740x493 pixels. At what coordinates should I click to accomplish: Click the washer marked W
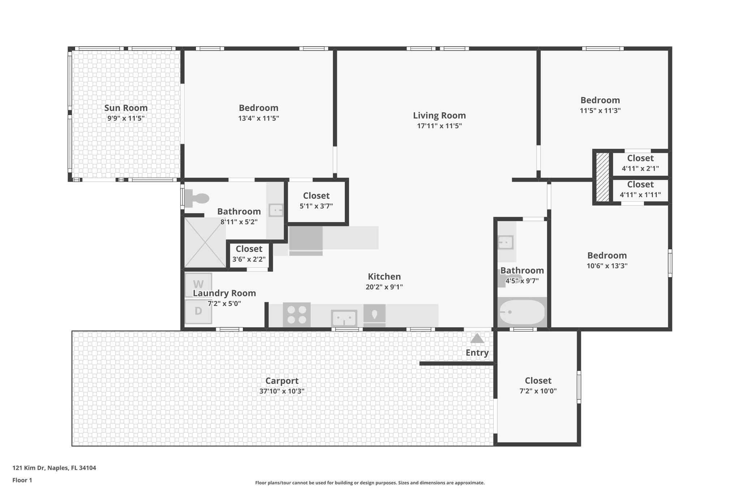point(198,284)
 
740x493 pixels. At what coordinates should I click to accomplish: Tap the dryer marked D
point(198,311)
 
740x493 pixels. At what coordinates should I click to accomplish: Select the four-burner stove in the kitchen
point(297,315)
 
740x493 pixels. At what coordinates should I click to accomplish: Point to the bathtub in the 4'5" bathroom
point(521,312)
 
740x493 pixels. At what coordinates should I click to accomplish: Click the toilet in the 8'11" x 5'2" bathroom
point(197,199)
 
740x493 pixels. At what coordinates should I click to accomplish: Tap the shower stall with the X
point(205,242)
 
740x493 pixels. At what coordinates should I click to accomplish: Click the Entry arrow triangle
point(477,338)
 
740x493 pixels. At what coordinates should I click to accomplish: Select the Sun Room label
point(126,108)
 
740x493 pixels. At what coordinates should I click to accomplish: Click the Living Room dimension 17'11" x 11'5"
point(439,126)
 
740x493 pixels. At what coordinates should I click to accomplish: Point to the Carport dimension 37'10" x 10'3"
point(282,391)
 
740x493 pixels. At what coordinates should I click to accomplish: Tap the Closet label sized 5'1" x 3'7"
point(316,196)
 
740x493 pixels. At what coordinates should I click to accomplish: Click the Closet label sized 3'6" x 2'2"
point(249,249)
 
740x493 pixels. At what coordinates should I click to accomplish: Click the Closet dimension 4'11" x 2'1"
point(640,168)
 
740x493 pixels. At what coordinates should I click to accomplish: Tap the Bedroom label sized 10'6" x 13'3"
point(607,256)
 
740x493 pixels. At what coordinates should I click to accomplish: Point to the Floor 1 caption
point(22,480)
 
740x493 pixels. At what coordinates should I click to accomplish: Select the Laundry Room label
point(224,293)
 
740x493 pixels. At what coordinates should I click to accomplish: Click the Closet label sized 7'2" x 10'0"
point(538,381)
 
